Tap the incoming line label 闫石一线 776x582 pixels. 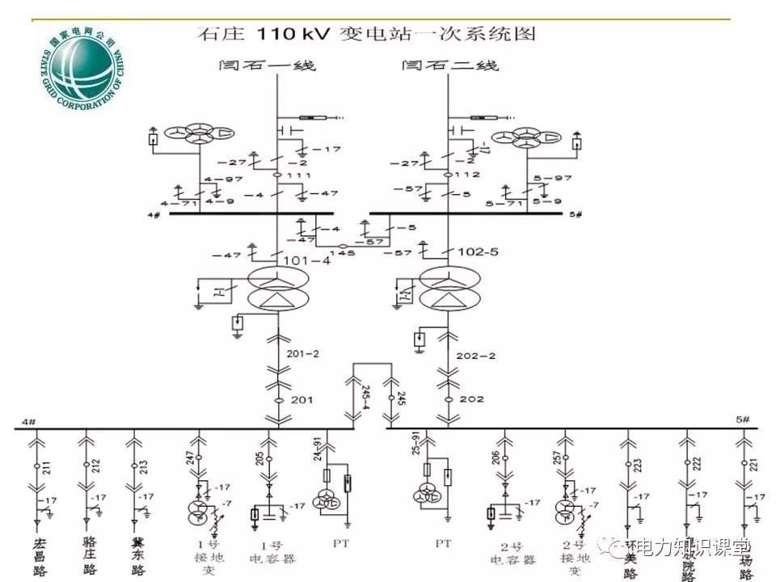[x=266, y=65]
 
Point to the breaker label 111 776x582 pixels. [x=298, y=175]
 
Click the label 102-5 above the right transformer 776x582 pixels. [x=477, y=252]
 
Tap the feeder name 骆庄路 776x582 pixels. [x=89, y=556]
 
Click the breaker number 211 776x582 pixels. [x=46, y=466]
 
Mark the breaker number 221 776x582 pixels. [x=753, y=464]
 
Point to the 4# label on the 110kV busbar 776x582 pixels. [x=154, y=214]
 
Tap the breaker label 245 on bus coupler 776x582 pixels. [x=401, y=398]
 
